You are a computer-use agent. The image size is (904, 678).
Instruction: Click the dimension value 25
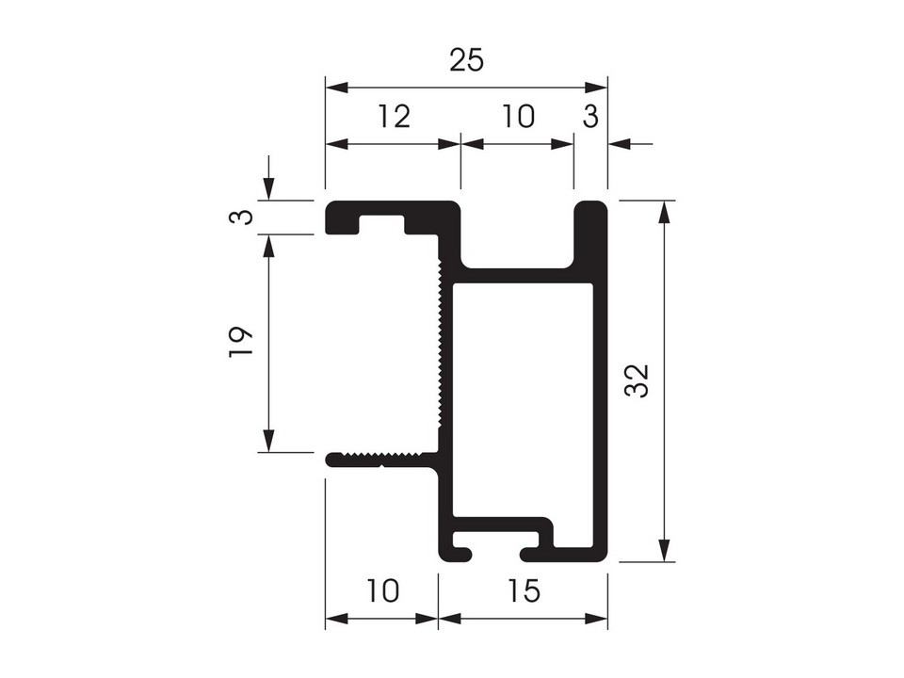coord(466,60)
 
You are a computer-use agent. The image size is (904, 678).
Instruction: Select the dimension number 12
coord(394,116)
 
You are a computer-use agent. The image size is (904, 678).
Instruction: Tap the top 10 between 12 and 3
coord(519,116)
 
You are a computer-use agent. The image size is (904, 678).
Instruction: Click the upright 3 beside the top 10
coord(590,116)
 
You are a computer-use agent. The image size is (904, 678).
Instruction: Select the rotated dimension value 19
coord(241,342)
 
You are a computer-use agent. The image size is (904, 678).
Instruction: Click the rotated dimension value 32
coord(638,380)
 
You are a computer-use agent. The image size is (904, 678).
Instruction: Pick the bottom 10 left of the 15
coord(382,590)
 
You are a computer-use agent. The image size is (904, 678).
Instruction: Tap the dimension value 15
coord(525,590)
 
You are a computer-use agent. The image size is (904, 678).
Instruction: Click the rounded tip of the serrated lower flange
coord(331,460)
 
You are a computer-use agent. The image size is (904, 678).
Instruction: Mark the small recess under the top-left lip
coord(381,224)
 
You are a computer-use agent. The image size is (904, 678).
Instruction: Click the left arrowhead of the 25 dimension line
coord(337,88)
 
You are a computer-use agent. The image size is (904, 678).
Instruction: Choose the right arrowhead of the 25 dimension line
coord(595,88)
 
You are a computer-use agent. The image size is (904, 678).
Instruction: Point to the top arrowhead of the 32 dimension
coord(665,212)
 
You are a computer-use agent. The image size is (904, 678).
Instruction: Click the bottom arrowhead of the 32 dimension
coord(665,550)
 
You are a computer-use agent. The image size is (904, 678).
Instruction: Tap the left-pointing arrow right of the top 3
coord(630,143)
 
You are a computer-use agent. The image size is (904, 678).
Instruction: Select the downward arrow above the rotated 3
coord(268,178)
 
